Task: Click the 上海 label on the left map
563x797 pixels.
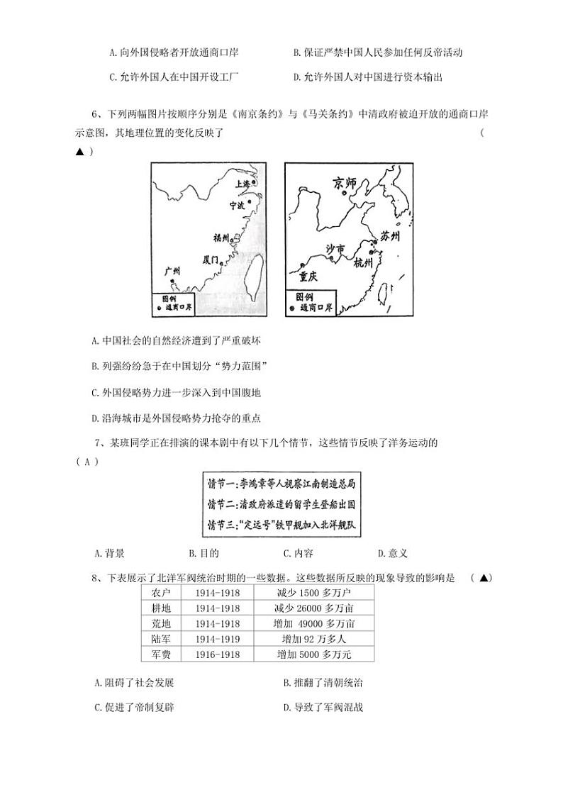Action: point(243,184)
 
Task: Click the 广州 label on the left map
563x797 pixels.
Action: point(172,271)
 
